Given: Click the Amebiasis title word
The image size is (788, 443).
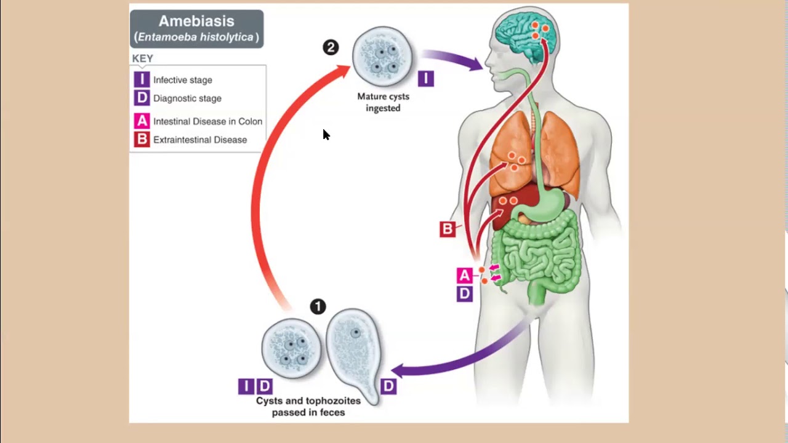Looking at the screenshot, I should click(196, 21).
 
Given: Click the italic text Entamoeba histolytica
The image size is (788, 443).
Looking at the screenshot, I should click(196, 37).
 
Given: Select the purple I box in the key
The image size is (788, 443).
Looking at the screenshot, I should click(142, 80).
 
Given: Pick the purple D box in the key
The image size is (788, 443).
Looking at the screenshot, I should click(142, 98).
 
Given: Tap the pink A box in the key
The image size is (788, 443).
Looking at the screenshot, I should click(142, 121).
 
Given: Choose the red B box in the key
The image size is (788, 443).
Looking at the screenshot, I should click(142, 140).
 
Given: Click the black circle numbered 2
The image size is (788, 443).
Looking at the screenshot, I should click(331, 47).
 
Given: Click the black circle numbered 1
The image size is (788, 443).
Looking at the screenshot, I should click(318, 306).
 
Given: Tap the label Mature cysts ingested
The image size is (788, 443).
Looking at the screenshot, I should click(383, 102).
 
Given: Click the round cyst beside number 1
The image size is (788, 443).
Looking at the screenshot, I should click(291, 348).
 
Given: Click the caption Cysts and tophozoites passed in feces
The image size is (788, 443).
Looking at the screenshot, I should click(308, 406).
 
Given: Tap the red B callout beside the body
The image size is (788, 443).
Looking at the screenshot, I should click(448, 229).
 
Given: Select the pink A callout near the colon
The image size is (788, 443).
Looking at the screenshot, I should click(464, 275).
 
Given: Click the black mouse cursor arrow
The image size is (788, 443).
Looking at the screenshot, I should click(326, 135).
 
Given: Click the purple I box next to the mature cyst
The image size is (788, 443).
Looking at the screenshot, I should click(425, 78).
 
